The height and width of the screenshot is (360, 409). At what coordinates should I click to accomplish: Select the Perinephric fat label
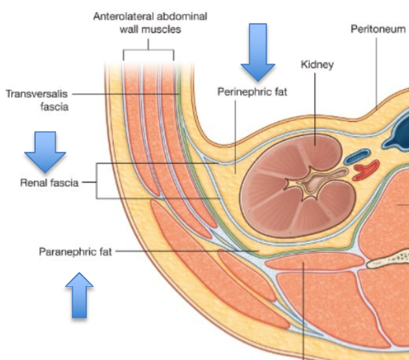(x=251, y=93)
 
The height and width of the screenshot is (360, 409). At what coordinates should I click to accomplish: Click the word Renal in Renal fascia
(x=34, y=183)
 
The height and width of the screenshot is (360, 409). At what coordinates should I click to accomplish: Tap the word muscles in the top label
(x=164, y=29)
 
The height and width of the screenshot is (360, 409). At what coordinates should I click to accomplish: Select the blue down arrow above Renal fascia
(x=45, y=151)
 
